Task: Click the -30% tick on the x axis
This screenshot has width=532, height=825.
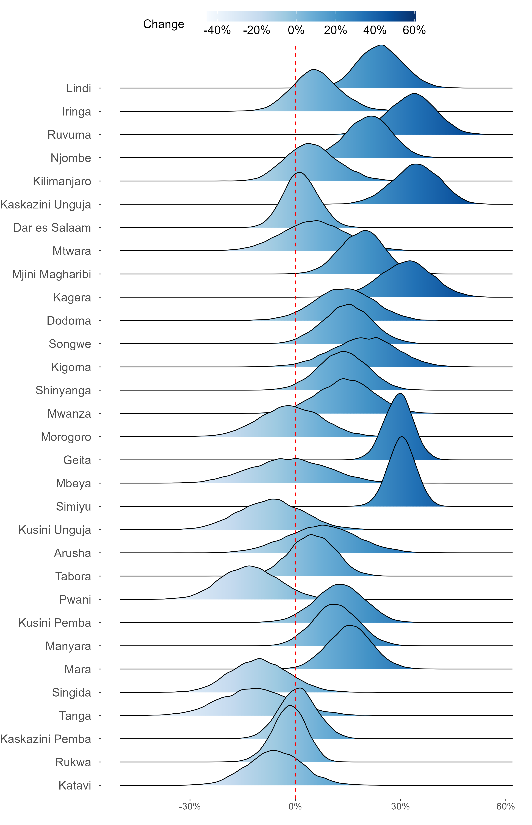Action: click(190, 806)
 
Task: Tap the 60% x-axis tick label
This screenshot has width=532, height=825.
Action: click(505, 806)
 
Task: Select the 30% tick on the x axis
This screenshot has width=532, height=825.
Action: click(400, 806)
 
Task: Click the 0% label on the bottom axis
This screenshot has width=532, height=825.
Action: click(295, 806)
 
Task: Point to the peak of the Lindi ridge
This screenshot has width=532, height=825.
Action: click(381, 45)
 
